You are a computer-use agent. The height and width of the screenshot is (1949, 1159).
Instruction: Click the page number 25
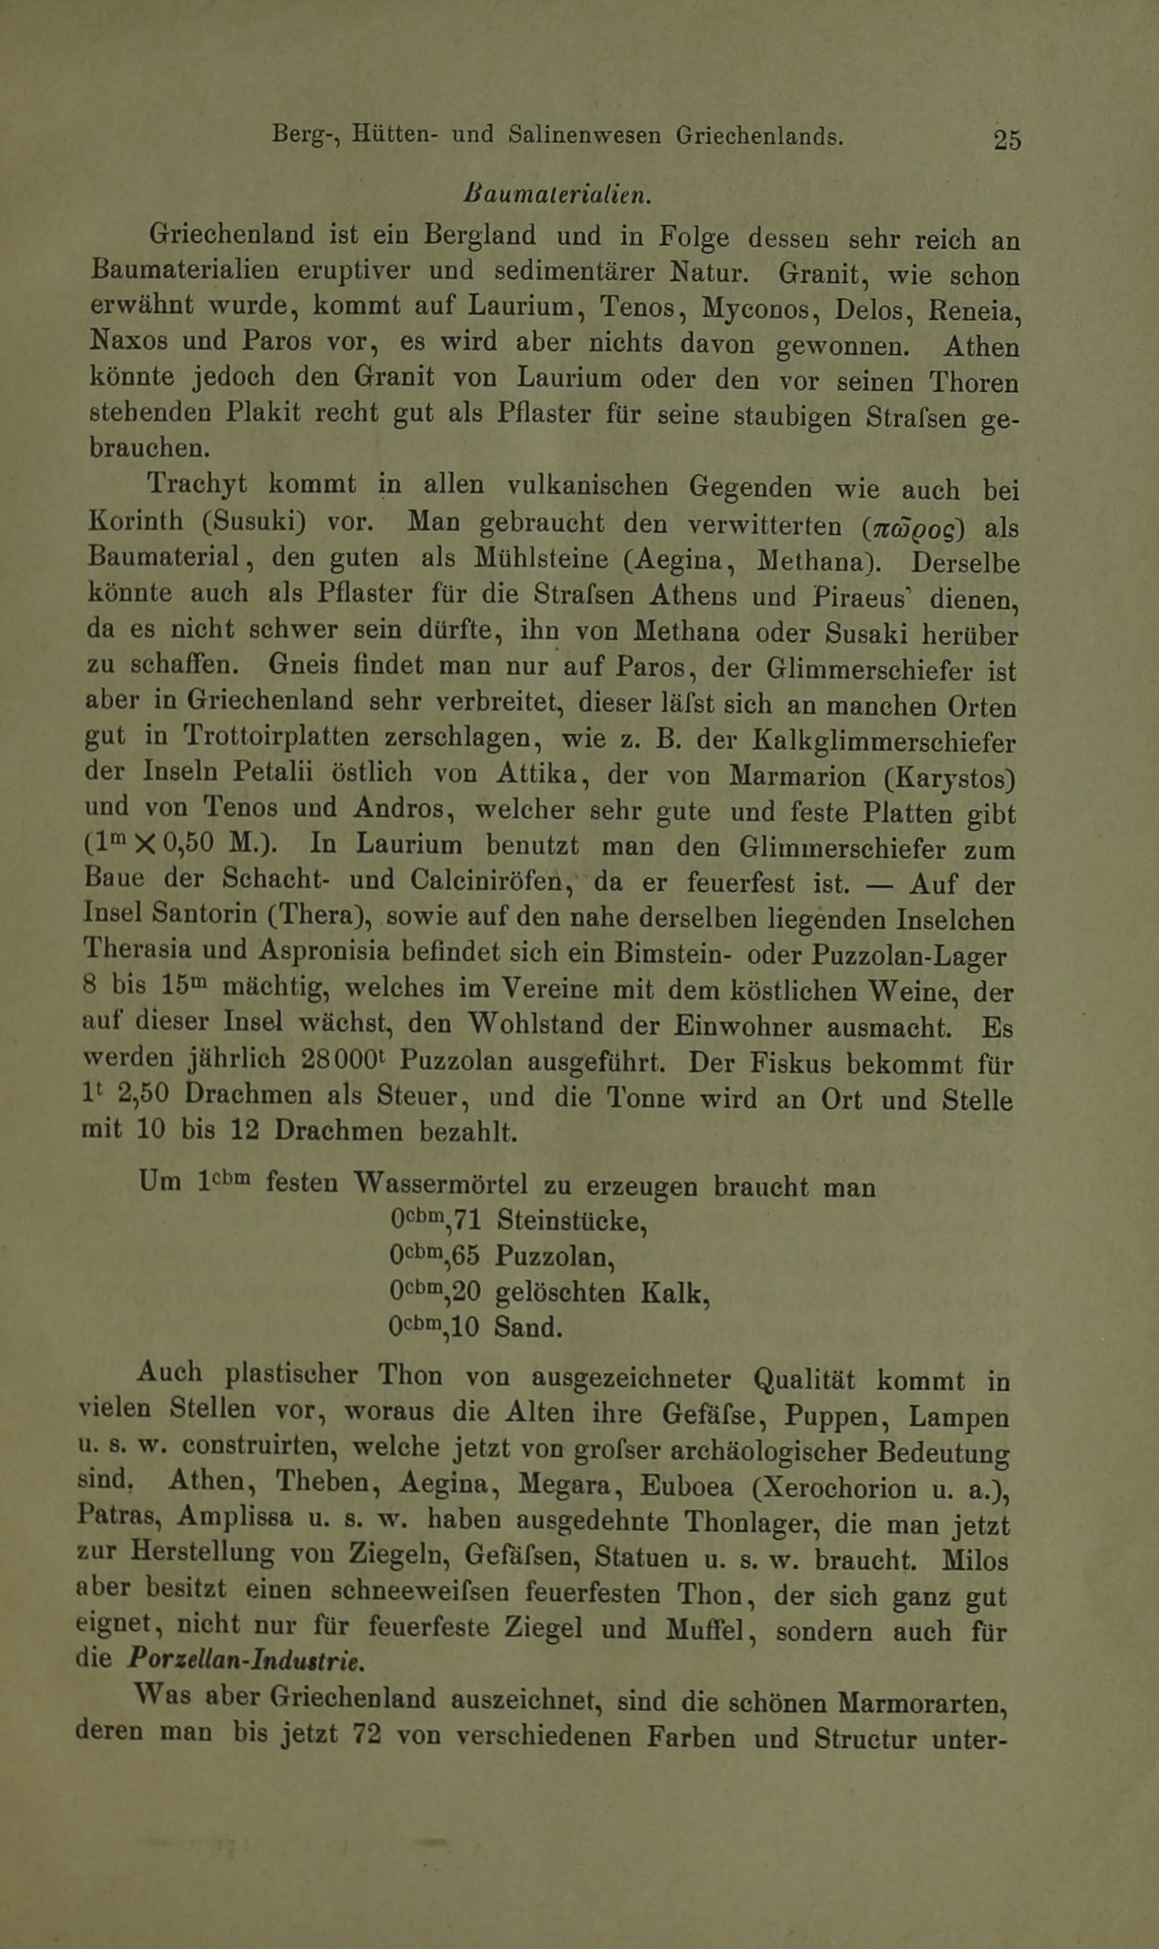coord(1007,139)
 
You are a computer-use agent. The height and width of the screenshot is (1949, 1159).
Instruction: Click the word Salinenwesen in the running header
coord(585,135)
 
